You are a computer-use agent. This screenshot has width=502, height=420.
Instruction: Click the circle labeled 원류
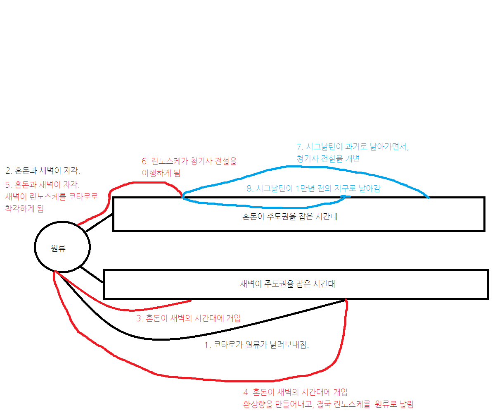coord(62,247)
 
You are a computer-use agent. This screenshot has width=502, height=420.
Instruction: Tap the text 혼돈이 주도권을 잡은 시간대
coord(289,217)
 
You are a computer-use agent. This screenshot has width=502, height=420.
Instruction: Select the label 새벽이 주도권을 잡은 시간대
coord(287,284)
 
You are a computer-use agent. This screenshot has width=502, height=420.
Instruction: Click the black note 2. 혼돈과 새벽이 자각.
coord(43,170)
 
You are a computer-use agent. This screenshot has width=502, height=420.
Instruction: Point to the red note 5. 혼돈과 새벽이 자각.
coord(43,184)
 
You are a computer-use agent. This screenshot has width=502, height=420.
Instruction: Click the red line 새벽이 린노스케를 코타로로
coord(52,196)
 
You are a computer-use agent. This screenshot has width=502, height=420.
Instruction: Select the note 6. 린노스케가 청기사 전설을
coord(189,161)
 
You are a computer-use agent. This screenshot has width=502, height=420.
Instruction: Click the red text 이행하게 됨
coord(161,173)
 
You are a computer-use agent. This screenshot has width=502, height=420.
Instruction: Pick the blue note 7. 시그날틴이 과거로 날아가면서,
coord(353,147)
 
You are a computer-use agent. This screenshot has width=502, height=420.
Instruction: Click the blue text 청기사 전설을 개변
coord(328,159)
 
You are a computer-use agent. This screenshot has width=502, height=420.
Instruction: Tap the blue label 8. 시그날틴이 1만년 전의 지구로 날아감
coord(313,189)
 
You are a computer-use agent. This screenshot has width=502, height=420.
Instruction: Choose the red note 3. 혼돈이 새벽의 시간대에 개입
coord(188,318)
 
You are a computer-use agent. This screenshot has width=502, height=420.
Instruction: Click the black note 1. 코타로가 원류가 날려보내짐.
coord(256,345)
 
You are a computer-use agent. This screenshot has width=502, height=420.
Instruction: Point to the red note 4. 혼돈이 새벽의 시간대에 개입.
coord(296,392)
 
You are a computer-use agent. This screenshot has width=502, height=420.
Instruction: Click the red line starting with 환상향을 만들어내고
coord(328,404)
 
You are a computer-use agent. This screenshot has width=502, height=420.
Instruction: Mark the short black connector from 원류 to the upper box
coord(99,223)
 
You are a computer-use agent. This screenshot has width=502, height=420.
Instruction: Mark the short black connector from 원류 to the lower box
coord(92,275)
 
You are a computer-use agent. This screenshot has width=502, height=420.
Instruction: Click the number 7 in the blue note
coord(299,147)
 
